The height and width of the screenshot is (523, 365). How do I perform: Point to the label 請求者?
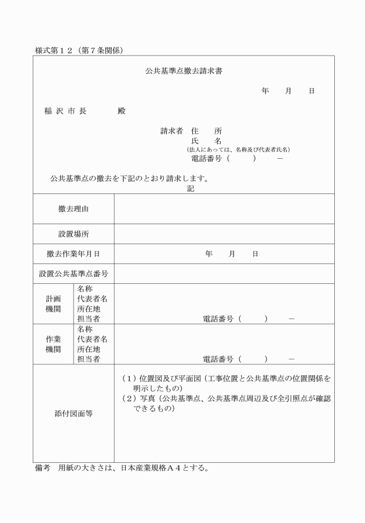point(171,131)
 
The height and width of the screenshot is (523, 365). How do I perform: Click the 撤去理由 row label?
point(74,209)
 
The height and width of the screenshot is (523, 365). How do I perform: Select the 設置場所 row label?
point(74,234)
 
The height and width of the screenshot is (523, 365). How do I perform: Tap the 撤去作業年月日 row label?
point(74,254)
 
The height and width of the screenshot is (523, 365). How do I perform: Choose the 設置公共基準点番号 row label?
point(74,273)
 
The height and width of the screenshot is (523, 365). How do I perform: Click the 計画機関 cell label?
point(53,303)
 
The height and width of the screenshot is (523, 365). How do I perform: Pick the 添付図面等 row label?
point(74,414)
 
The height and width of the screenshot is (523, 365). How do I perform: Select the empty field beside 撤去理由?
point(224,209)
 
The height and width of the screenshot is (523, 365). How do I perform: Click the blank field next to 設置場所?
point(224,234)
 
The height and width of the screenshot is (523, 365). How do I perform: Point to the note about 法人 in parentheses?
point(234,149)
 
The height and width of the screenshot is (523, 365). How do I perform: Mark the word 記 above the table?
point(191,189)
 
